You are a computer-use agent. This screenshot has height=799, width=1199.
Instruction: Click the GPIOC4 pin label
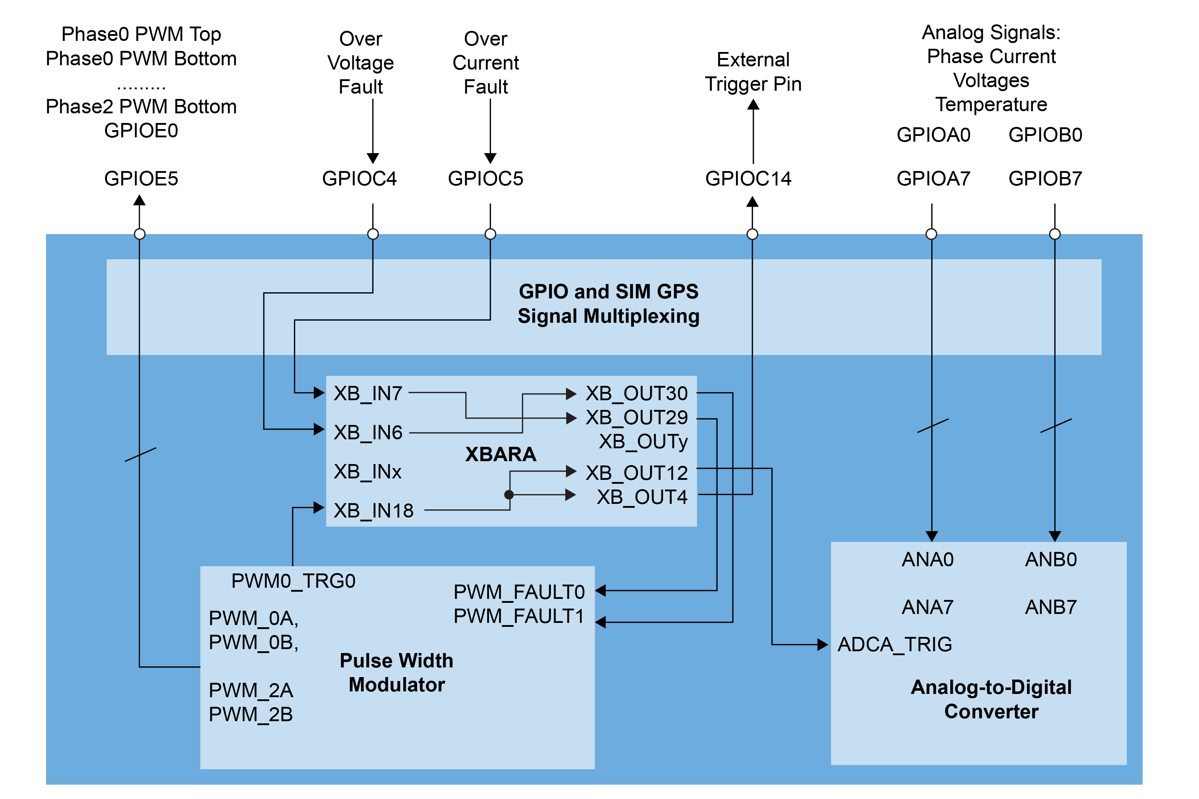359,178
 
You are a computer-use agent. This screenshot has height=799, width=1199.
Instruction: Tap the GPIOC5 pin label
485,178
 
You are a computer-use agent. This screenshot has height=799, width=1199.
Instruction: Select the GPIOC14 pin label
748,178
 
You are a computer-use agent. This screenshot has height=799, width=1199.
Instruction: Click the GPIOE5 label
141,178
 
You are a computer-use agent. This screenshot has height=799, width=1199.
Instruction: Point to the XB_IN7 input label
368,393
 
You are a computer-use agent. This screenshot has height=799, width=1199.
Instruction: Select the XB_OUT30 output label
636,393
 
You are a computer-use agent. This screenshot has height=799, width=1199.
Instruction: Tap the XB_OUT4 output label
642,497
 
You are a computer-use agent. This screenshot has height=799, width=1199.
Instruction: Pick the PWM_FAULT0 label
519,592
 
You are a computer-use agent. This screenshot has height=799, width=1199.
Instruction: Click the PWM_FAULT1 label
519,616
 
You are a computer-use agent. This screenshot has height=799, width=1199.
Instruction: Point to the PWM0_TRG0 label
293,581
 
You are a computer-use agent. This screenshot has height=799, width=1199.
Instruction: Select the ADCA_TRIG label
894,644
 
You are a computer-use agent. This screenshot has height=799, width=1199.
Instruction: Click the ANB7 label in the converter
1050,607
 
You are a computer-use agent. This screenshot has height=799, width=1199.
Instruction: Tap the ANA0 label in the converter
927,559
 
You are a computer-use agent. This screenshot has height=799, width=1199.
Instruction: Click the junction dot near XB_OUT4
508,494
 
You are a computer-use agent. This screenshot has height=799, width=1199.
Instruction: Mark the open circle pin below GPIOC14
752,234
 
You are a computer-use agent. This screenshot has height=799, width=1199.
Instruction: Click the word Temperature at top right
991,104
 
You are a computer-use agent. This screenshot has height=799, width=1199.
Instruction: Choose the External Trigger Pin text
753,72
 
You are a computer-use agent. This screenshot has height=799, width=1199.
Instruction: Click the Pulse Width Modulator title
396,673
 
